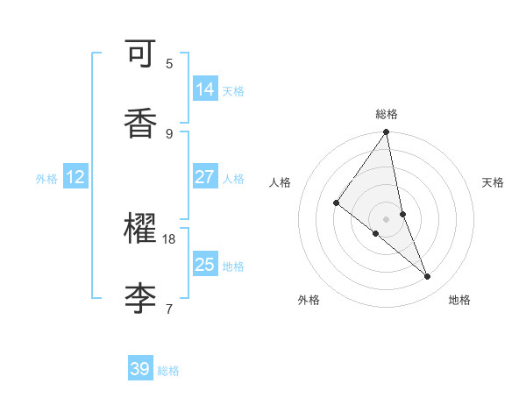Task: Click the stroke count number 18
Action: click(x=169, y=238)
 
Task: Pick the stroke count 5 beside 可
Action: click(x=169, y=63)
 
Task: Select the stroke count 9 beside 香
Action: click(x=169, y=133)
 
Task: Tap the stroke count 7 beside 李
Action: click(x=169, y=309)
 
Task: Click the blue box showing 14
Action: click(x=205, y=89)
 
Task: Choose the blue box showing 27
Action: click(x=205, y=177)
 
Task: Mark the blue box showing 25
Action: click(x=205, y=265)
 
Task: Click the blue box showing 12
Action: click(x=75, y=177)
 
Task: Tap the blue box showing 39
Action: click(x=140, y=369)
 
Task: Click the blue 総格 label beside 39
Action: click(x=168, y=371)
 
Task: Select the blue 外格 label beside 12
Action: click(x=46, y=179)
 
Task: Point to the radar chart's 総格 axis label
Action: click(x=387, y=114)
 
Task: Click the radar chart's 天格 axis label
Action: click(x=494, y=182)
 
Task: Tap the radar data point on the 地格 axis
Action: click(x=428, y=276)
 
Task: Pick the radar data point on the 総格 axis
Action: click(x=387, y=132)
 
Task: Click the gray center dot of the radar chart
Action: click(x=387, y=218)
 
